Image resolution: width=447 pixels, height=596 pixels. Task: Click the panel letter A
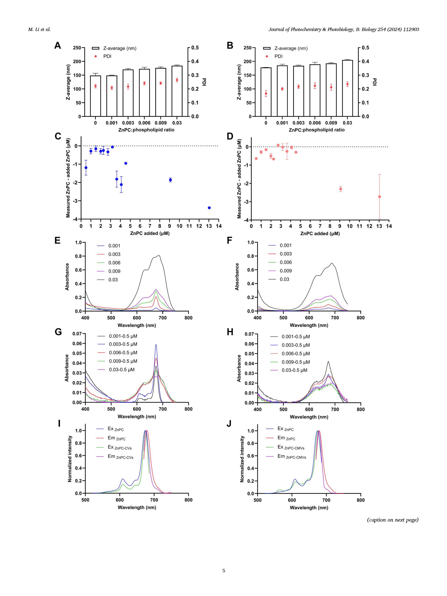[58, 46]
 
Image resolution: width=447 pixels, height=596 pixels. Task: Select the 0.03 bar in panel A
[177, 91]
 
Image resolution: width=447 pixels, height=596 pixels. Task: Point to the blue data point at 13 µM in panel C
[209, 208]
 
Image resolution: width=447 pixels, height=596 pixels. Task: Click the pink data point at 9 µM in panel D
[340, 189]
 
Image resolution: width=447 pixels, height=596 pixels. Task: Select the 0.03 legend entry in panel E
[113, 280]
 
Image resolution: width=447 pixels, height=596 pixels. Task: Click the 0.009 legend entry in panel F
[286, 271]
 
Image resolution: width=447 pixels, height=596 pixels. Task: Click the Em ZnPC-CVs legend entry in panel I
[120, 456]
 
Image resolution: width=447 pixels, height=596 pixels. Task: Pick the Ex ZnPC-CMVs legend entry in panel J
[291, 447]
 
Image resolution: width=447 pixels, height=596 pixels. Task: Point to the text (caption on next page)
[393, 520]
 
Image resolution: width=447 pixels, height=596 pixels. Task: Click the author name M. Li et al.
[39, 29]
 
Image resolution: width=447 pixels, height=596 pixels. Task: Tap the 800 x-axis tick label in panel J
[361, 500]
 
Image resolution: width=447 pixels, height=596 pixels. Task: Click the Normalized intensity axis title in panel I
[70, 459]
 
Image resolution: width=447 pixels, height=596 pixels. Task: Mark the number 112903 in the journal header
[411, 29]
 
